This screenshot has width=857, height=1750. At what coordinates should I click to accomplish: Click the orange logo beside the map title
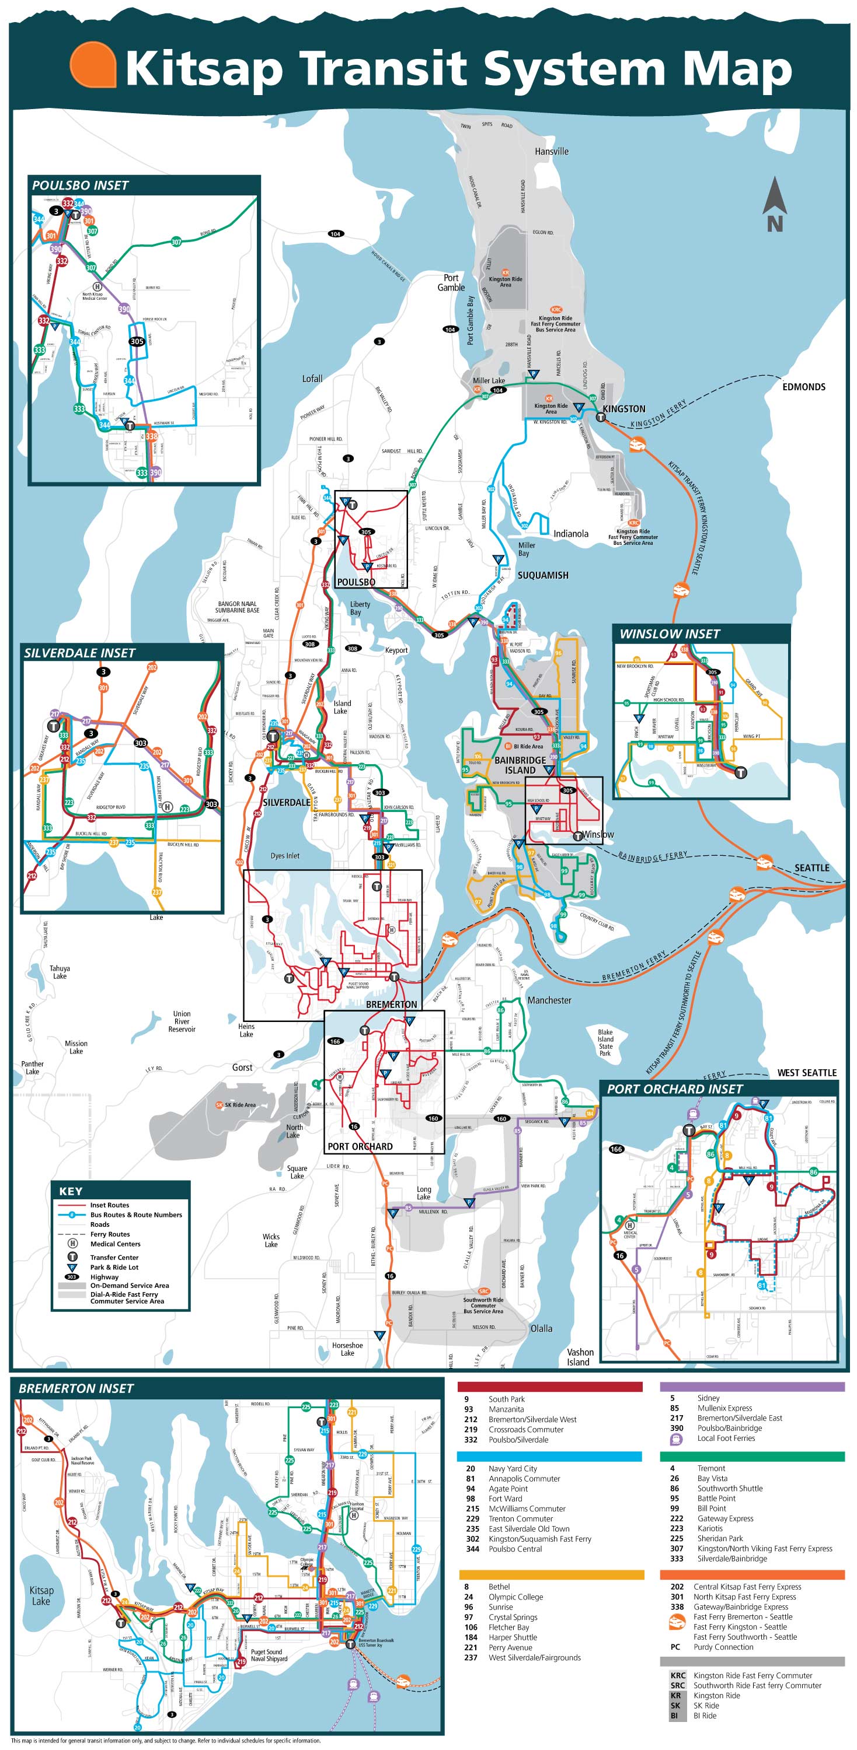92,65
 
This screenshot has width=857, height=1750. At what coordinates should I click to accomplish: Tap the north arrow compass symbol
774,204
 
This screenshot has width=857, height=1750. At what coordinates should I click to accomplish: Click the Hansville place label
551,152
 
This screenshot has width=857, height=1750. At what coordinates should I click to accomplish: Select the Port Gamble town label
451,282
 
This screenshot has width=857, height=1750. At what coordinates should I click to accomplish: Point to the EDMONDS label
803,387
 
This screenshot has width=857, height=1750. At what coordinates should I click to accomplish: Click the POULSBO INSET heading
80,185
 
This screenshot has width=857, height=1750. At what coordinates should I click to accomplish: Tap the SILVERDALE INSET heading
79,653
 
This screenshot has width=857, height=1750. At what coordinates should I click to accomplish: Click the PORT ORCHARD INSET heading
674,1088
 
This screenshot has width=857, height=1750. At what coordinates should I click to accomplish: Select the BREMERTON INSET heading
76,1388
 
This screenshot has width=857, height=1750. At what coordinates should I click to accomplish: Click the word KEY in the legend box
71,1191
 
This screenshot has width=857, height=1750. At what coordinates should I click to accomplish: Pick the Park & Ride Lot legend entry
114,1267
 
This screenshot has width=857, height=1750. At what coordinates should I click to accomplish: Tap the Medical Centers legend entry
115,1244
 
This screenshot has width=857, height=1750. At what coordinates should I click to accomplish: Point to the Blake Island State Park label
605,1043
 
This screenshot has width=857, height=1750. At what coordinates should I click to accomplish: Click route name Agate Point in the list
508,1489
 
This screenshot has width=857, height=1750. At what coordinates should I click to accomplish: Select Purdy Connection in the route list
723,1647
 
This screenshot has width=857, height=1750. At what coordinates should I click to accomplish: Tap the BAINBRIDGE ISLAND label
520,765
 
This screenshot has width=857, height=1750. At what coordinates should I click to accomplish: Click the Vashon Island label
579,1357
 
